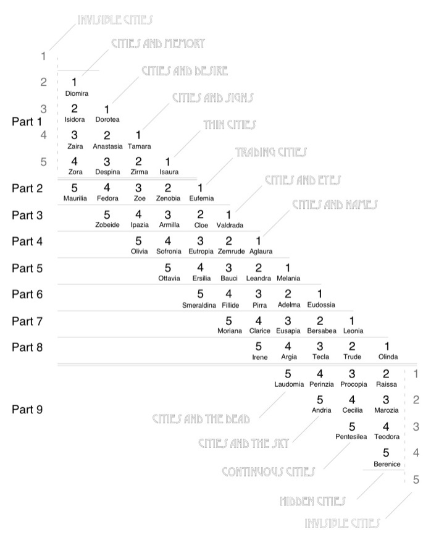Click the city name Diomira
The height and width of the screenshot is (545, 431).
click(x=76, y=93)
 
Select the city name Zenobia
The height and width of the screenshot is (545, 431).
click(x=167, y=198)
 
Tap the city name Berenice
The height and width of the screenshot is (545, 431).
click(x=387, y=463)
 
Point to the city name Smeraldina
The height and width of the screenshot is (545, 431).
click(x=199, y=305)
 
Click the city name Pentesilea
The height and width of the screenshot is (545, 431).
click(x=351, y=437)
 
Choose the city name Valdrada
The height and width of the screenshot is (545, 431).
click(x=230, y=225)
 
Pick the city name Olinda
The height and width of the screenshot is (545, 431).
click(x=388, y=357)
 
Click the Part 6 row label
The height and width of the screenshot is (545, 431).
click(x=27, y=294)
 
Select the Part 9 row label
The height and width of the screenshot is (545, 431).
click(x=27, y=409)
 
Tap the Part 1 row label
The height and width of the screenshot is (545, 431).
click(x=27, y=122)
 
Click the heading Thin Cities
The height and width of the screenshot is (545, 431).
click(x=229, y=125)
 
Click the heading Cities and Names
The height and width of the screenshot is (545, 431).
click(x=335, y=205)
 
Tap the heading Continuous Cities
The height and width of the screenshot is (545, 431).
click(x=268, y=471)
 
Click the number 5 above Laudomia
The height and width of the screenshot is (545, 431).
click(x=288, y=373)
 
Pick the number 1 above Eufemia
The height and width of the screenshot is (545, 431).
click(x=200, y=188)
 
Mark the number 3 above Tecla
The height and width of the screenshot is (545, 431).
click(x=320, y=347)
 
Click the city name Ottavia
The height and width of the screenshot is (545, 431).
click(x=169, y=278)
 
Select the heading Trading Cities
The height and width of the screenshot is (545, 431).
click(x=270, y=151)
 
